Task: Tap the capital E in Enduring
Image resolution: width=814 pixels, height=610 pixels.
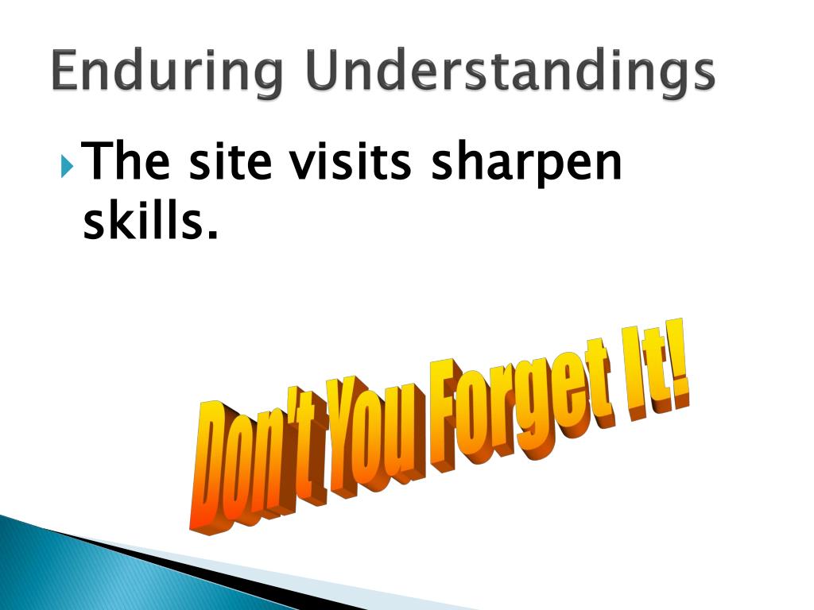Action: [x=67, y=71]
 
